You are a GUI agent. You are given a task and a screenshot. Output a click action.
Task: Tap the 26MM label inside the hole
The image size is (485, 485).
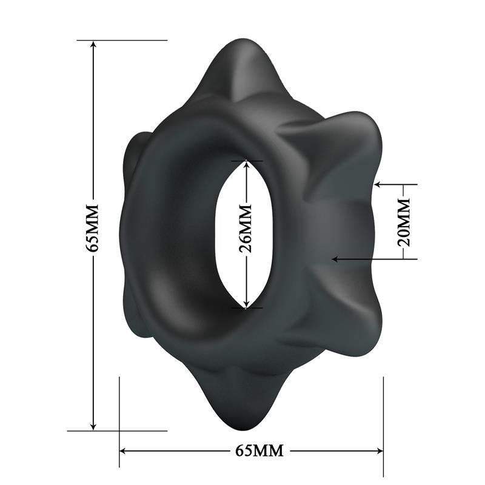pos(246,233)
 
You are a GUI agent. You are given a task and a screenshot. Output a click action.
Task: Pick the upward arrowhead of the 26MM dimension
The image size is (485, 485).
pos(246,165)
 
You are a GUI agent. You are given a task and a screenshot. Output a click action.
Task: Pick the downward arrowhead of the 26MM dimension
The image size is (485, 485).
pos(246,303)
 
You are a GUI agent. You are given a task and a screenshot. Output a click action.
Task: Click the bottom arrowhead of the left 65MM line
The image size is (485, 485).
pos(93,426)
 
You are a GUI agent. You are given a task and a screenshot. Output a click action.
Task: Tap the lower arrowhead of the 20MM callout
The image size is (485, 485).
pos(335,259)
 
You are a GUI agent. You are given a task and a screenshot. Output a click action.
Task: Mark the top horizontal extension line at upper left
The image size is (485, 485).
pos(122,40)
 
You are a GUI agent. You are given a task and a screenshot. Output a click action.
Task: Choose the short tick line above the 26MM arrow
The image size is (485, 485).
pos(246,161)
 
